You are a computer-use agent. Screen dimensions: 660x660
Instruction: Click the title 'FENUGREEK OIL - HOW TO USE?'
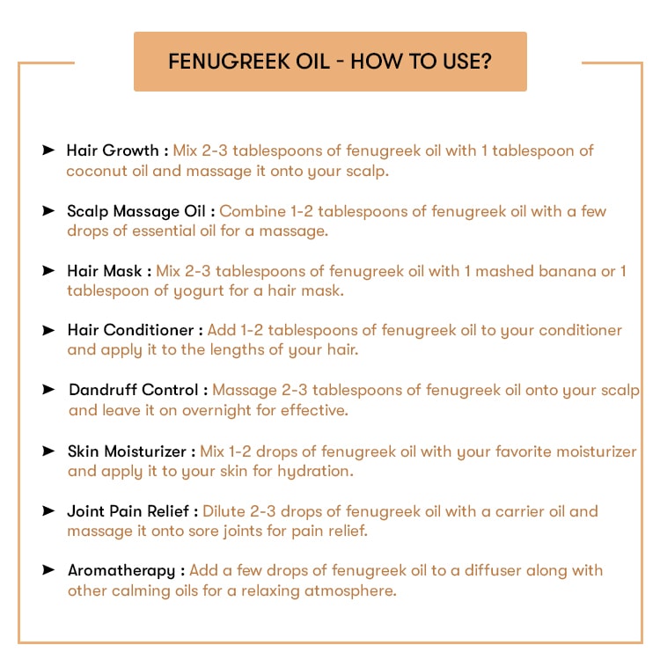coord(330,62)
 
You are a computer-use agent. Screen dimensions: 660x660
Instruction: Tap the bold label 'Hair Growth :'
coord(117,150)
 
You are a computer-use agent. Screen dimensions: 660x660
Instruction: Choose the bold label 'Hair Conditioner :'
coord(136,330)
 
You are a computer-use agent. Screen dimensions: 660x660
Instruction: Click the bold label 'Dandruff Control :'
coord(139,390)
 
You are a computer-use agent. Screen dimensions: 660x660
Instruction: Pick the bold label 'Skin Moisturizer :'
coord(131,451)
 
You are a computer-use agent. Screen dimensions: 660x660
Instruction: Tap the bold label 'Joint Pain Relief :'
coord(133,510)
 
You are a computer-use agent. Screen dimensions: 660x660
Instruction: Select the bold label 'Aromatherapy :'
coord(126,570)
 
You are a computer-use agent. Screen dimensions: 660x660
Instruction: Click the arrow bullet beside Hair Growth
coord(48,150)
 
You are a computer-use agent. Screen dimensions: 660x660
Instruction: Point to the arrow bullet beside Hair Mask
coord(48,270)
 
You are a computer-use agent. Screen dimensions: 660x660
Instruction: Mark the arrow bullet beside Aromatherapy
coord(48,569)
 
